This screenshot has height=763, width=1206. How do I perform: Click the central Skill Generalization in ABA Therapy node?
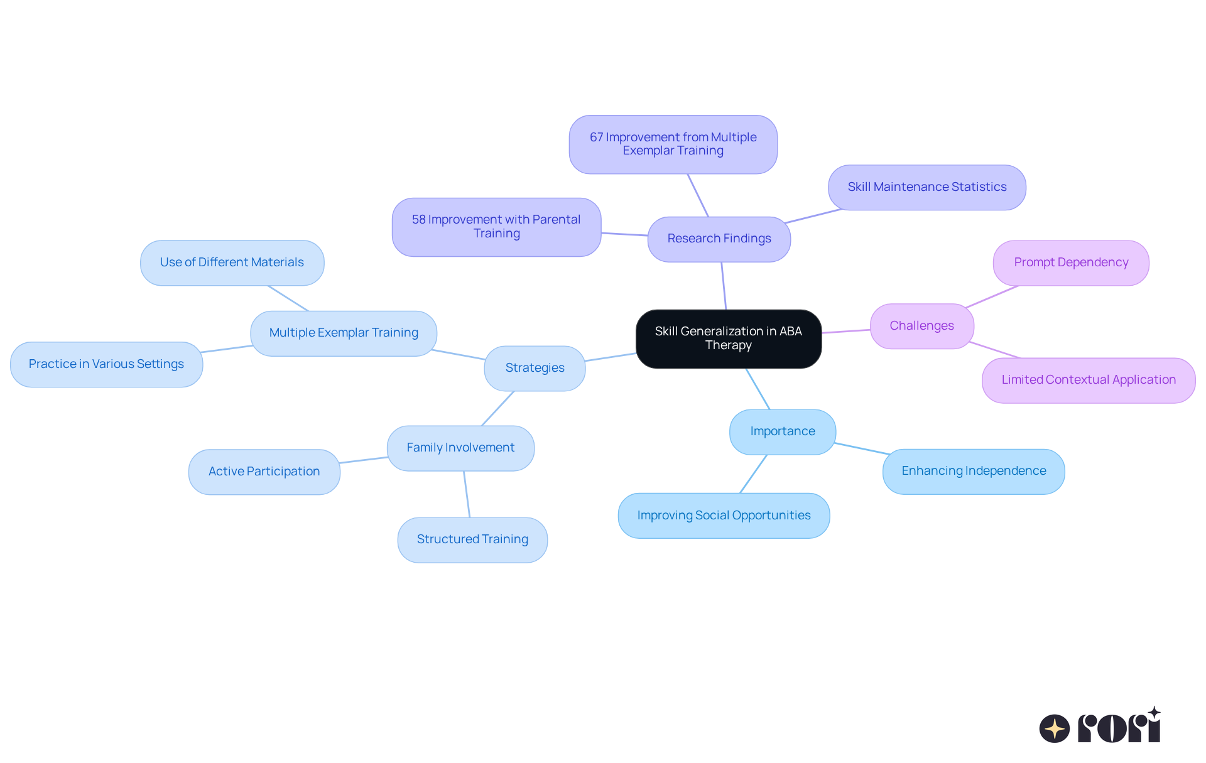[728, 338]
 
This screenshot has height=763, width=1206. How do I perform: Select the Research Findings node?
[719, 239]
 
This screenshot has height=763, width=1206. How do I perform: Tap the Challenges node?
[921, 326]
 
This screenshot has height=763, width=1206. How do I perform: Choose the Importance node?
[782, 431]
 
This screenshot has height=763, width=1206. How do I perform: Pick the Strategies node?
[535, 368]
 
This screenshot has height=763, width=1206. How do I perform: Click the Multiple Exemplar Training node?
[344, 333]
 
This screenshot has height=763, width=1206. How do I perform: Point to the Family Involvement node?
[460, 448]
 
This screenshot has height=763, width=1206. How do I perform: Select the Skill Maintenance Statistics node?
[926, 187]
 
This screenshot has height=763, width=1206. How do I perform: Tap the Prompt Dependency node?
[1070, 262]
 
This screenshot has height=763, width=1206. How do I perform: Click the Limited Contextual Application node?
[1088, 380]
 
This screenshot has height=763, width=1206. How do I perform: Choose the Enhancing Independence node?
[973, 471]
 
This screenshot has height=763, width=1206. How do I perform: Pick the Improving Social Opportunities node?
[724, 516]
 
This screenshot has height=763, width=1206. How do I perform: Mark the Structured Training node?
[472, 539]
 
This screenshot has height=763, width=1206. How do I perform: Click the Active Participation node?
[264, 472]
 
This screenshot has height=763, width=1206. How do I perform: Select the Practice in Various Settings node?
[106, 364]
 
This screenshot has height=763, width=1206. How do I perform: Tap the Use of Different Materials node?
[232, 262]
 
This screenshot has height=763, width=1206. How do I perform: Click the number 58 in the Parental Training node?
[418, 220]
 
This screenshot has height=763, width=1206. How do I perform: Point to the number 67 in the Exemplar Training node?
[596, 138]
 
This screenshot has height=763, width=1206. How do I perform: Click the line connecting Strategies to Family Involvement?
[497, 408]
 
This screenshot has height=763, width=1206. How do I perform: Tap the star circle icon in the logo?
[1054, 728]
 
